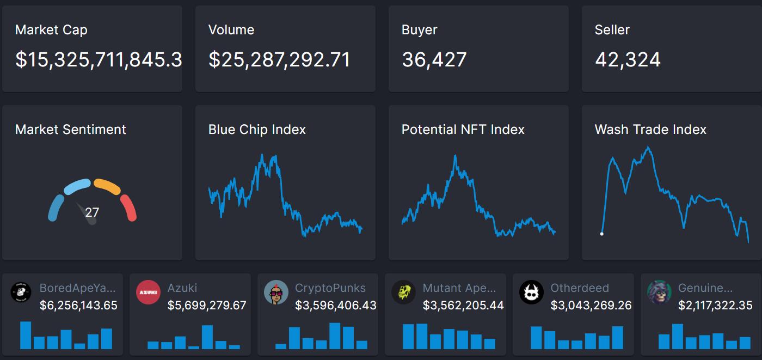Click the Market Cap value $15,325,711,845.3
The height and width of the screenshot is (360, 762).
(x=98, y=60)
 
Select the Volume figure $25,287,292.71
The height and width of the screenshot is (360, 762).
(x=279, y=60)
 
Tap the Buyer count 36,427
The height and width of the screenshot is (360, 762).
(x=434, y=60)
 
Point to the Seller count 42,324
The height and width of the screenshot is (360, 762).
(x=628, y=60)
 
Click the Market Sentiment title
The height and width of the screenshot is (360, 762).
(x=71, y=130)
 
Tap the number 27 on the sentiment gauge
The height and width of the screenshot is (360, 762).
(x=92, y=212)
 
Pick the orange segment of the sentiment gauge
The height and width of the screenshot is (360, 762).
(x=107, y=186)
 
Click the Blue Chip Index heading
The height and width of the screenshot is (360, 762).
(x=257, y=130)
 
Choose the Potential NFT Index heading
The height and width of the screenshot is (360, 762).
(x=463, y=130)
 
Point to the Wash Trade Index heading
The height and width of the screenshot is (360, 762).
(x=650, y=130)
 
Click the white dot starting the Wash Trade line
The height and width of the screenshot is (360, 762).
(x=601, y=234)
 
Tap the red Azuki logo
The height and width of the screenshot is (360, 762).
(x=148, y=292)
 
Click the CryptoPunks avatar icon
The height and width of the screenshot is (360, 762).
(x=276, y=292)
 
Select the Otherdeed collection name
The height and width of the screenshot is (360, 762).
(x=580, y=288)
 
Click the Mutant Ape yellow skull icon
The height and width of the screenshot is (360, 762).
(x=403, y=292)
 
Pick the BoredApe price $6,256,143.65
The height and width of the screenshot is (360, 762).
(x=78, y=306)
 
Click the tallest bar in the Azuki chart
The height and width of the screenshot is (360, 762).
(x=207, y=337)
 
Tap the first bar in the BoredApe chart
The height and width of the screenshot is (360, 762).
(x=26, y=335)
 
